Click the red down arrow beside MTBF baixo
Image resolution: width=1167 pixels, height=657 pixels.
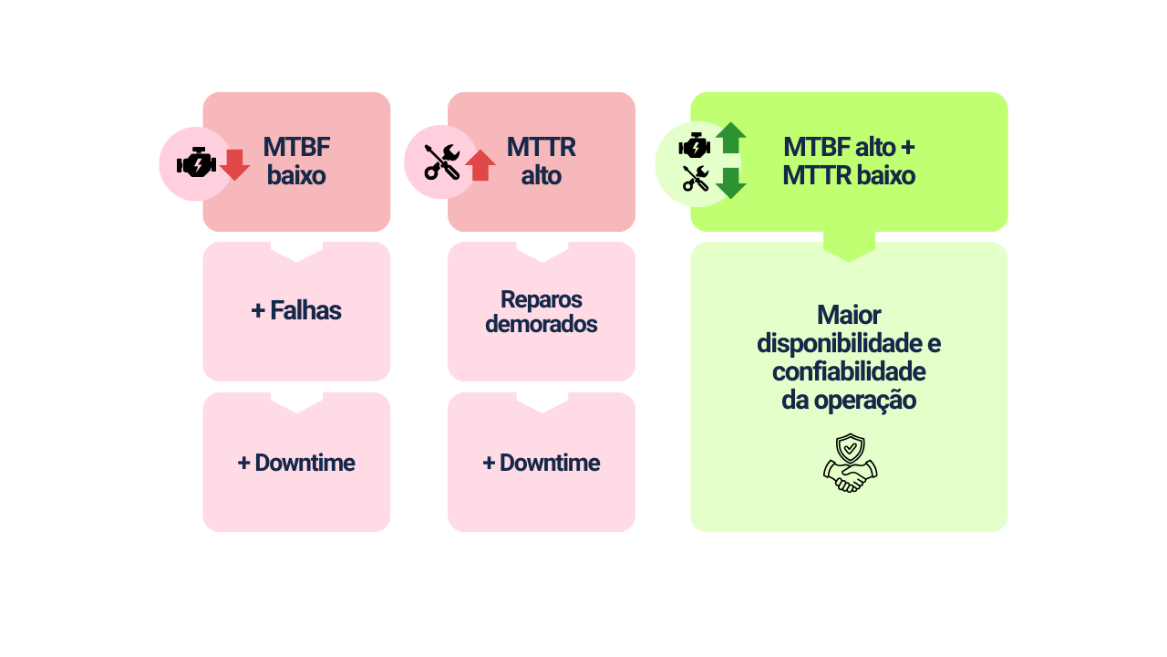pyautogui.click(x=234, y=164)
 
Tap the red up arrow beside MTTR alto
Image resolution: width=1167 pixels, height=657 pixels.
pyautogui.click(x=480, y=165)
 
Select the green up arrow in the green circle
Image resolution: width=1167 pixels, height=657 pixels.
pyautogui.click(x=731, y=138)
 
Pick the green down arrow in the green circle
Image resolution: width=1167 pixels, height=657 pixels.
pyautogui.click(x=731, y=182)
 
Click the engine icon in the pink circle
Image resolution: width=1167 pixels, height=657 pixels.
pyautogui.click(x=196, y=162)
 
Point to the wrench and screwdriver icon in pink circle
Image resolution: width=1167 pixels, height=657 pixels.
pyautogui.click(x=441, y=162)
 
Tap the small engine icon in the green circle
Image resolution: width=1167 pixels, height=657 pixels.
pyautogui.click(x=695, y=146)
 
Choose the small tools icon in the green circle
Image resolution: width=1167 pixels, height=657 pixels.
pyautogui.click(x=696, y=178)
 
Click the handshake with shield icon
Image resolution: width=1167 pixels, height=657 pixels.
pyautogui.click(x=850, y=463)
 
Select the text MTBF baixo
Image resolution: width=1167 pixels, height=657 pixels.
pyautogui.click(x=296, y=161)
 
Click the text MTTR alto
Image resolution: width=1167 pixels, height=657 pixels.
pyautogui.click(x=542, y=161)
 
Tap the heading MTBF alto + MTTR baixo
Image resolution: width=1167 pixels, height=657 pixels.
pyautogui.click(x=849, y=161)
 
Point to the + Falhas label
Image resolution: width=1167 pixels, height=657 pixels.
pyautogui.click(x=296, y=310)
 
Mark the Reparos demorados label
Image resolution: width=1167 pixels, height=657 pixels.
pyautogui.click(x=542, y=311)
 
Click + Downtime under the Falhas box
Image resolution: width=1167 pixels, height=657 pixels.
pyautogui.click(x=296, y=463)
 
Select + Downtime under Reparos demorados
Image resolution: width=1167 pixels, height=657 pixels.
pyautogui.click(x=542, y=463)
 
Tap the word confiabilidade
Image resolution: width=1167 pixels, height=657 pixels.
pyautogui.click(x=849, y=371)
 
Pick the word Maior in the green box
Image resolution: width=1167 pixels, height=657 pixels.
pyautogui.click(x=849, y=315)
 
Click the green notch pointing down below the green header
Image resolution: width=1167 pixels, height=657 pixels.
pyautogui.click(x=849, y=246)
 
